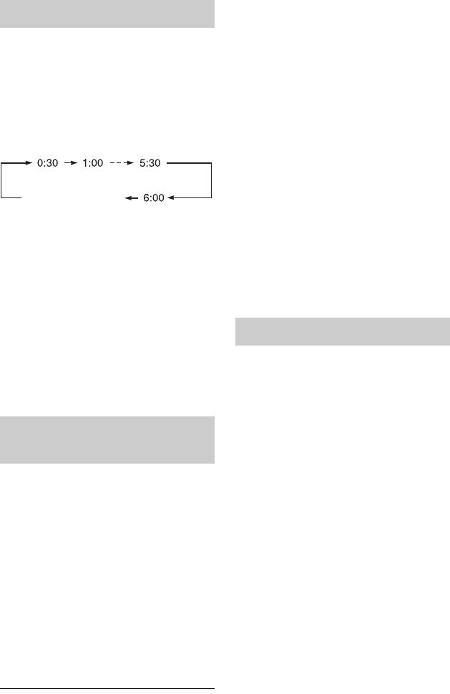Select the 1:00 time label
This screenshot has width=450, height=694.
[x=91, y=163]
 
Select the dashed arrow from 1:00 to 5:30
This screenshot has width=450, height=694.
[x=120, y=163]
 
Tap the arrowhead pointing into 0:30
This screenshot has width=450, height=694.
[x=31, y=163]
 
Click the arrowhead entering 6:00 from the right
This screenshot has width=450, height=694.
[x=175, y=198]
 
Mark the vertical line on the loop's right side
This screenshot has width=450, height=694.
[x=212, y=180]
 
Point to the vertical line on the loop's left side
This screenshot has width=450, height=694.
[x=2, y=180]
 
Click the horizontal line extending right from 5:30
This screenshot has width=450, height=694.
[x=189, y=163]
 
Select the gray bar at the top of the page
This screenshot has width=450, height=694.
[x=107, y=14]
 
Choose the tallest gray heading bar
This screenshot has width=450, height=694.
[x=107, y=440]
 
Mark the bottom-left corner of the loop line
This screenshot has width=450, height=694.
[x=2, y=198]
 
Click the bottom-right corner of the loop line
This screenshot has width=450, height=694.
[x=212, y=198]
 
